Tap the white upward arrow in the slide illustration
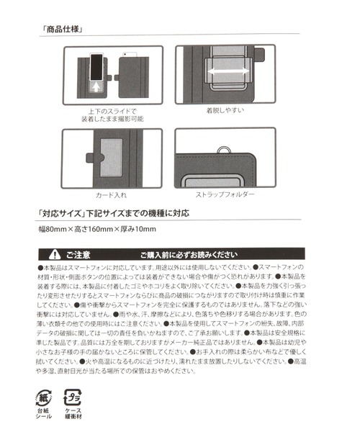96,87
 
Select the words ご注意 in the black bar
78,253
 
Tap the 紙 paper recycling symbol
44,397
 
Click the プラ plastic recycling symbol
71,397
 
